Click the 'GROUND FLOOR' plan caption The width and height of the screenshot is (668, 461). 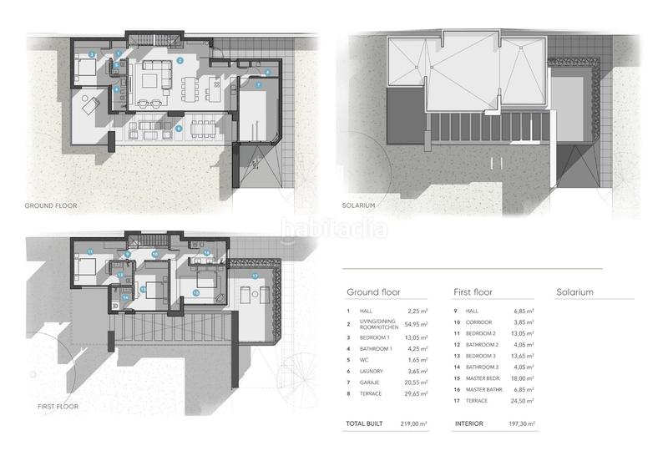(x=51, y=205)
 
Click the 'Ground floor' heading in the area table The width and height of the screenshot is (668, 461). (x=373, y=293)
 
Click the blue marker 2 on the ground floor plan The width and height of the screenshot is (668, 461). (x=180, y=61)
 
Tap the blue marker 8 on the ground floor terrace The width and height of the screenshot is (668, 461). (x=179, y=128)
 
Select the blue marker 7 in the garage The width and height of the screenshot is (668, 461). (x=259, y=85)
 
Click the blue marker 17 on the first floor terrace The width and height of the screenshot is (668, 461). (x=255, y=275)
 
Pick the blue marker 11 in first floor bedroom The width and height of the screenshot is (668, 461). (x=89, y=251)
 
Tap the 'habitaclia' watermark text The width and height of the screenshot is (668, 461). (x=333, y=227)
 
